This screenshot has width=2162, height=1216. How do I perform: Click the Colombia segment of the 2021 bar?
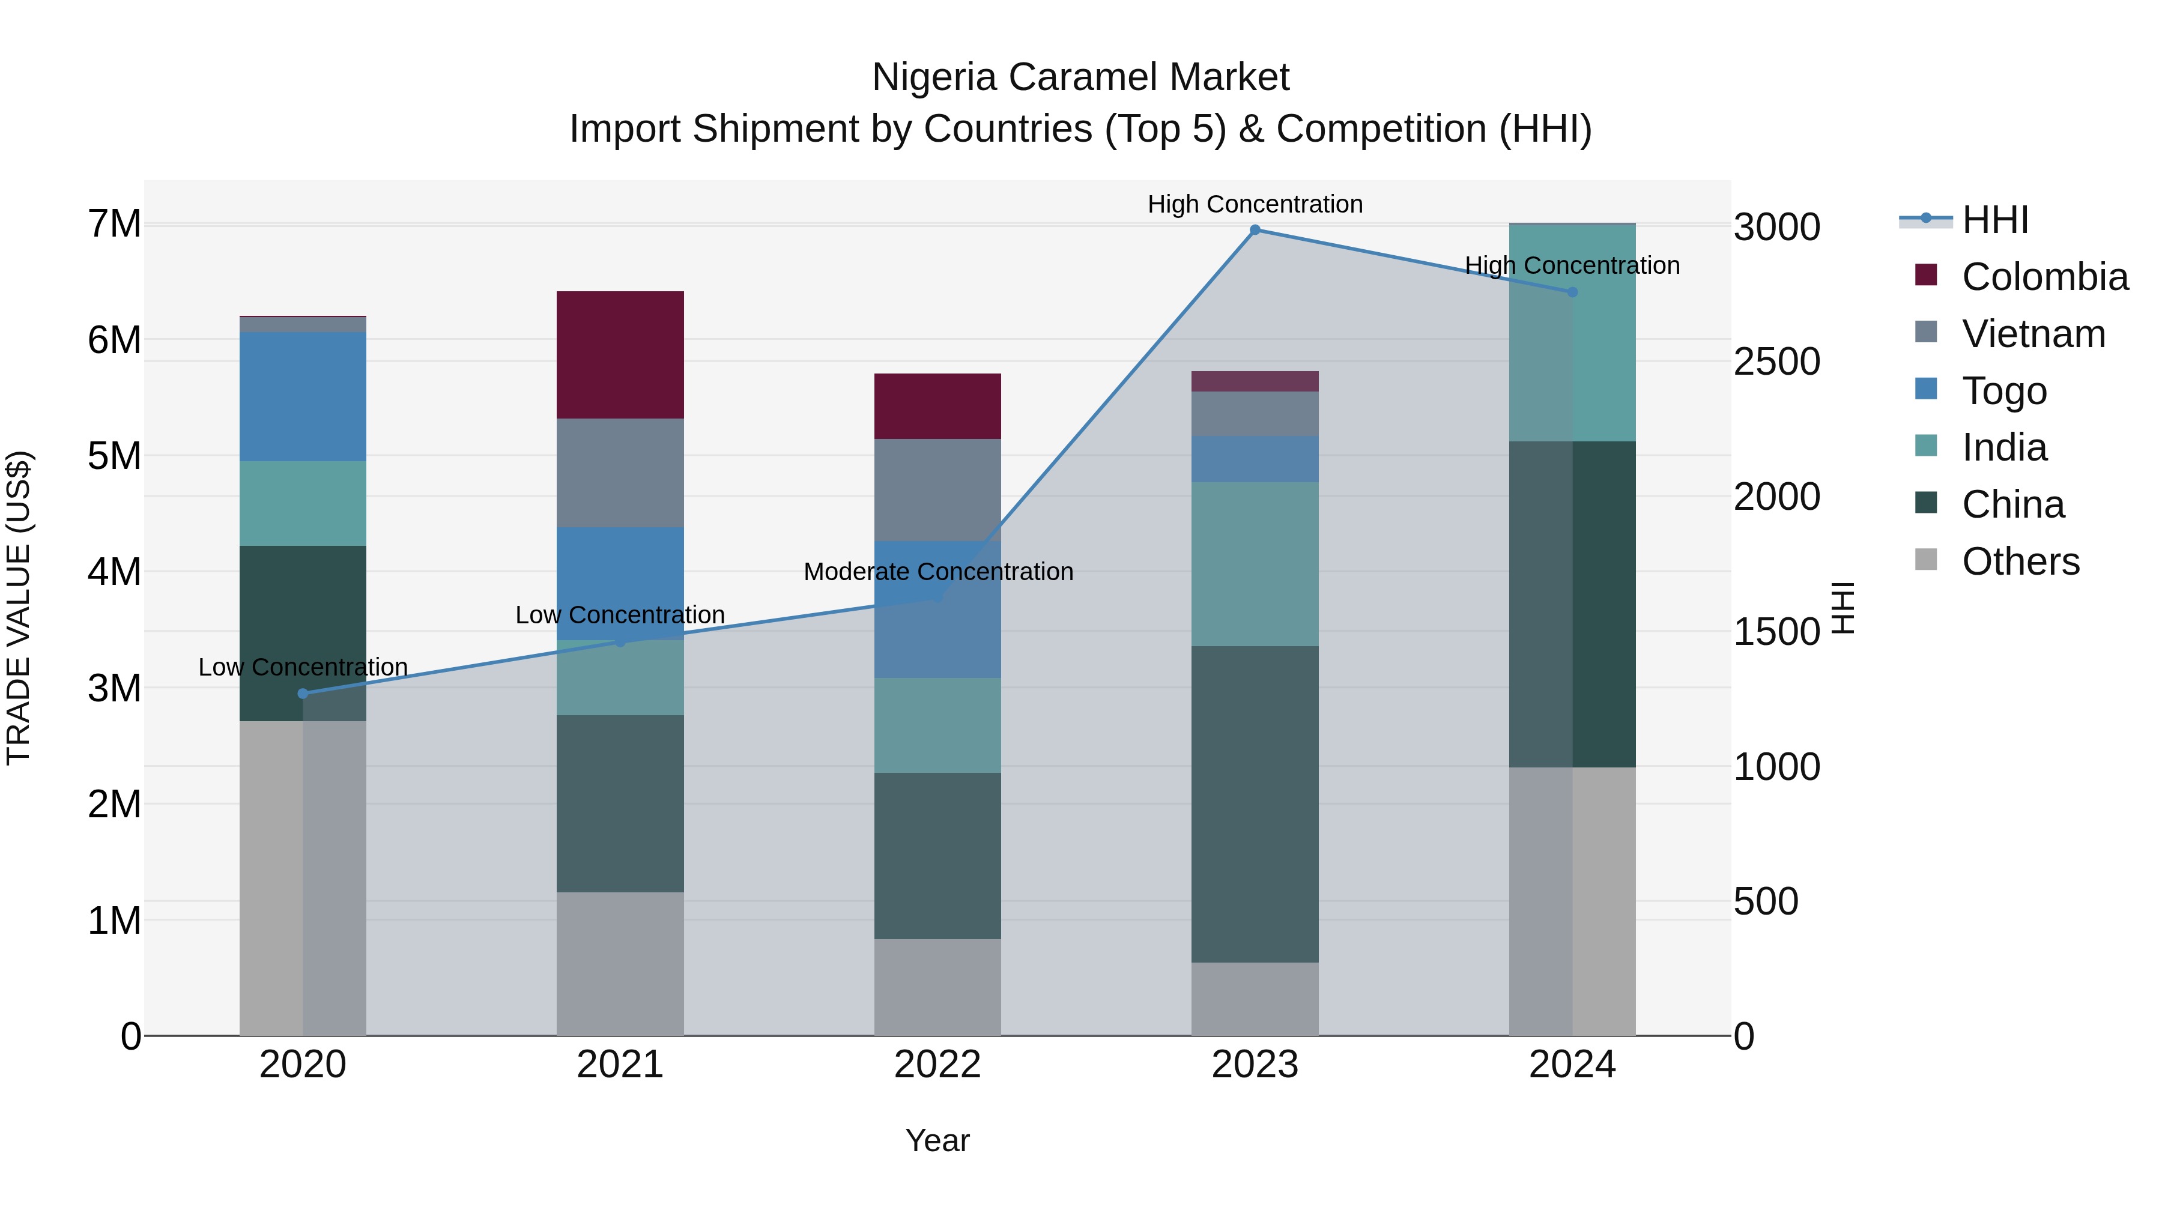[620, 354]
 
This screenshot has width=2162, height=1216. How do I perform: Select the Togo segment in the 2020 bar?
[303, 396]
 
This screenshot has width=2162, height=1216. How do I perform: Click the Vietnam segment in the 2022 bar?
[937, 489]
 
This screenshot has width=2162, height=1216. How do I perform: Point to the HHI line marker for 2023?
[1255, 230]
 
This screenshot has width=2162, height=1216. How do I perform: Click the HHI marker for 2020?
[303, 693]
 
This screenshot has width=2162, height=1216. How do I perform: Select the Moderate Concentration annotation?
[937, 572]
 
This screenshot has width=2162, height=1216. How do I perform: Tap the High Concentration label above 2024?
[1572, 265]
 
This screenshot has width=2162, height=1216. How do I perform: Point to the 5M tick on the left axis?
[114, 456]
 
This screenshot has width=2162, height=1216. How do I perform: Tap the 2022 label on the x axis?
[937, 1065]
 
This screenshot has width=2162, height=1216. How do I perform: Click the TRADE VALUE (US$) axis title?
[19, 608]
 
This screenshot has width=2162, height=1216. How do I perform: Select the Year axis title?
[937, 1140]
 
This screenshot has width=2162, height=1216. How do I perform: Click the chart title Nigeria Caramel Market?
[1080, 77]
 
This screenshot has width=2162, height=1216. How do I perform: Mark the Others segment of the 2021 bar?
[620, 963]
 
